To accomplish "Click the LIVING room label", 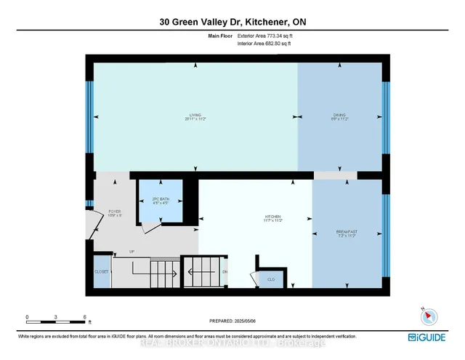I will click(195, 115).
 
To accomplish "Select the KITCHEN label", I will click(272, 217).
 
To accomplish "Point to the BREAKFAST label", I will click(347, 232).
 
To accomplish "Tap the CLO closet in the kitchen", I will click(270, 279).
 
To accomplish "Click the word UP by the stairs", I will click(132, 252).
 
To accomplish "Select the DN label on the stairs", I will click(225, 272).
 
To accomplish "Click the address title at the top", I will click(232, 22).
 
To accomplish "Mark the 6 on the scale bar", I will click(85, 318).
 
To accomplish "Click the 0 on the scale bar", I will click(27, 318).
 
